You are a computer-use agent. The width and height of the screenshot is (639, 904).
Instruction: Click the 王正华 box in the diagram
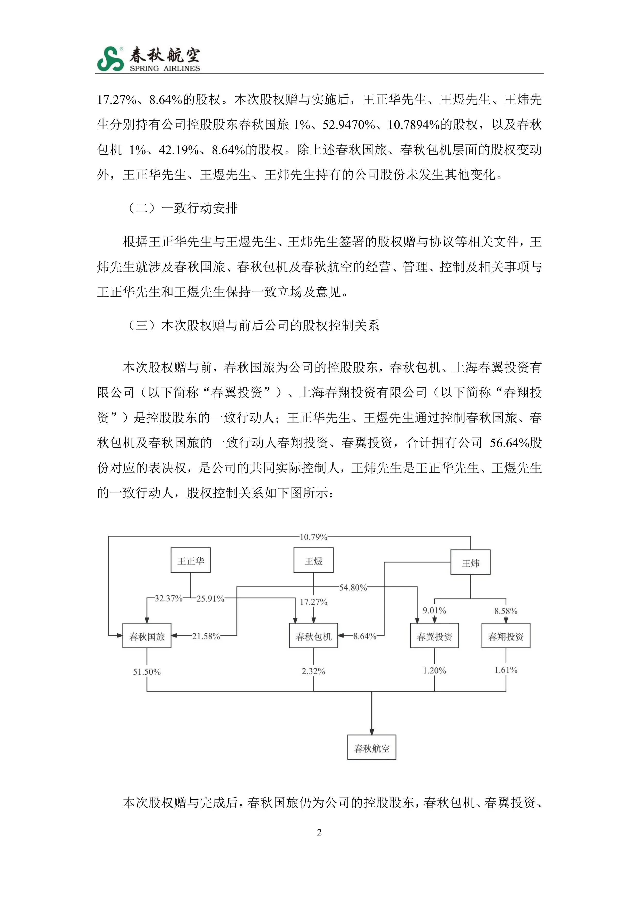pos(190,560)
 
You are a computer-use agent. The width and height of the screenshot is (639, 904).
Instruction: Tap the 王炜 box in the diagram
pos(470,562)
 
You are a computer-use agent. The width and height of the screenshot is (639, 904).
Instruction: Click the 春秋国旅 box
pos(147,635)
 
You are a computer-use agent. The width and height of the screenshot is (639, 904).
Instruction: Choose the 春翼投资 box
pos(434,635)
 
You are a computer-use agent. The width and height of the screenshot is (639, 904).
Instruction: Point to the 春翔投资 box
pos(506,635)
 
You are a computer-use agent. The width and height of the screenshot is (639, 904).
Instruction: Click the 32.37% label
pos(168,598)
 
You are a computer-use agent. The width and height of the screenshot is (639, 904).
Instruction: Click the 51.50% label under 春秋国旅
pos(147,672)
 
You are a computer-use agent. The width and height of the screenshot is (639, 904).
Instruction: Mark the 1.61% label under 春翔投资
pos(506,670)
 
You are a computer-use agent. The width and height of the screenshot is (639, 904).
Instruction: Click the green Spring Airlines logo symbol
pos(110,59)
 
